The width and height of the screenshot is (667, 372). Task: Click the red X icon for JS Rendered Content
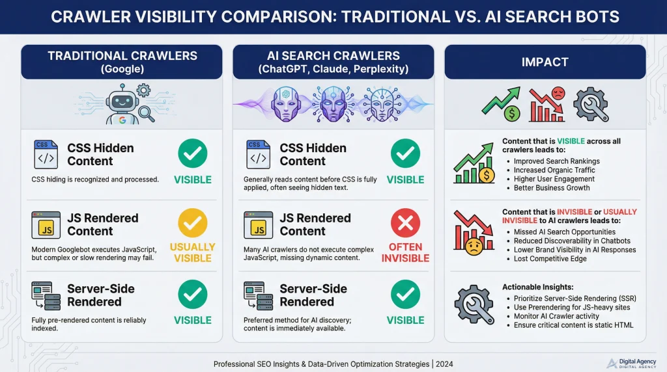[405, 224]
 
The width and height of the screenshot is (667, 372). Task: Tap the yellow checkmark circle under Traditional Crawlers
[192, 224]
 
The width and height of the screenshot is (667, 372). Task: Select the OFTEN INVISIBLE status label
[405, 252]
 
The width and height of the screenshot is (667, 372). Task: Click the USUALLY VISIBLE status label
[192, 252]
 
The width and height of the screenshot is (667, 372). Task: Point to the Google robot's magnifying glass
[147, 113]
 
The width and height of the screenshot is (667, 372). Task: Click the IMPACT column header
[545, 62]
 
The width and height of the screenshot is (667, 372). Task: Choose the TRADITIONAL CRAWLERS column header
[122, 62]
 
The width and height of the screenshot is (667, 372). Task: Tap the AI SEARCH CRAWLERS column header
[333, 62]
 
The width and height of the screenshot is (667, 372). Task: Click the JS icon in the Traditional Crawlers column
[46, 225]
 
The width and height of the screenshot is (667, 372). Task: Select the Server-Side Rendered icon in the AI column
[259, 295]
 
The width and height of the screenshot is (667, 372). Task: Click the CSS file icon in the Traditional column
[46, 154]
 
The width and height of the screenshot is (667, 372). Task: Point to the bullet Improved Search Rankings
[556, 161]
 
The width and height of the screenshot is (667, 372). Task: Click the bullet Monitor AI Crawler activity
[560, 316]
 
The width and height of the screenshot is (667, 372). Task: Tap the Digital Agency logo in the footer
[612, 363]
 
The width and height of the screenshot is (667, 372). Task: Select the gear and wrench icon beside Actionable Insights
[473, 304]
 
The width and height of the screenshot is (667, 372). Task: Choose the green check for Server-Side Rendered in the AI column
[405, 295]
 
